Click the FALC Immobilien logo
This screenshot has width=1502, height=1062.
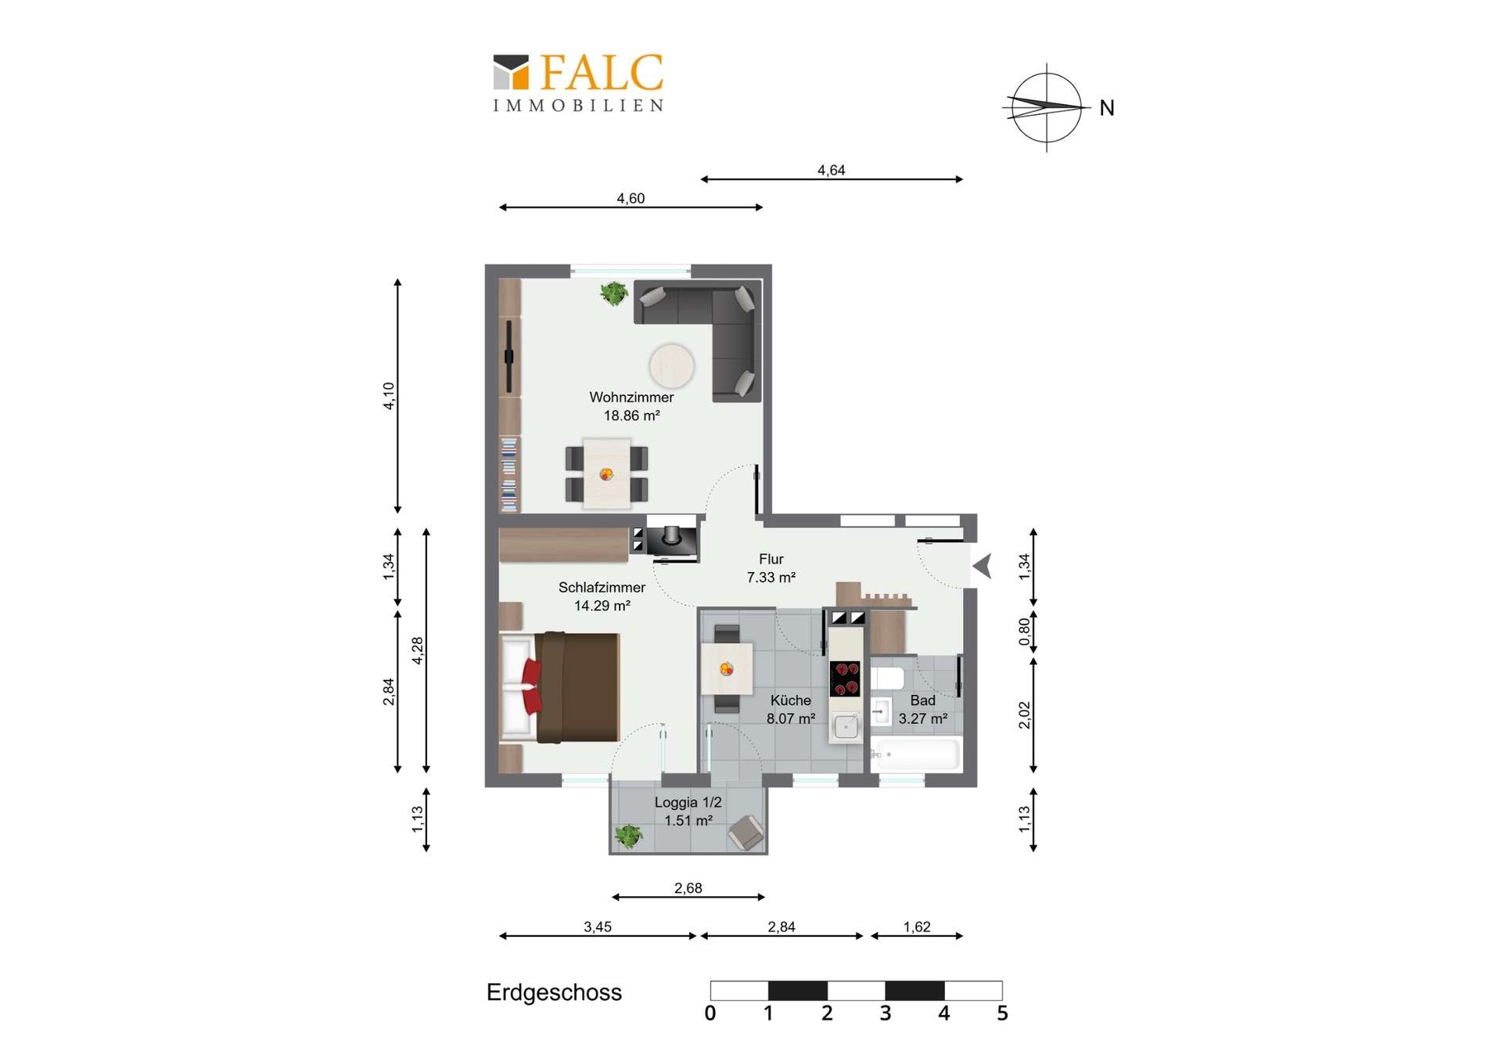click(578, 83)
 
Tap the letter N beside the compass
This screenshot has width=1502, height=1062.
click(1106, 108)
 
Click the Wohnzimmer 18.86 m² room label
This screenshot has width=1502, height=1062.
click(631, 406)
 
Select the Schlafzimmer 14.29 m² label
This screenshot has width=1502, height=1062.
click(602, 596)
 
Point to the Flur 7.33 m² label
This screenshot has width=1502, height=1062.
click(771, 568)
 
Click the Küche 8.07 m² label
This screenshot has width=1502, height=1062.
click(790, 709)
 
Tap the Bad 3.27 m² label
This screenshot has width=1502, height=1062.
click(922, 709)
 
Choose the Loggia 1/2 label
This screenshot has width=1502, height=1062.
click(688, 802)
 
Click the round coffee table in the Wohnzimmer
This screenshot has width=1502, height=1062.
click(671, 365)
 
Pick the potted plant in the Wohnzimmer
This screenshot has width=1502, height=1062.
click(613, 293)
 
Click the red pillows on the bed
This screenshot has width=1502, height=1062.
click(532, 686)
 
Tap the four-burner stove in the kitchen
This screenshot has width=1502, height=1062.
click(845, 679)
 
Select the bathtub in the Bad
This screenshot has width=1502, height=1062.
click(915, 754)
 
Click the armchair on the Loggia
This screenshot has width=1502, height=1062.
click(746, 833)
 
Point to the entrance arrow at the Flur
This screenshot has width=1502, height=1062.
click(982, 565)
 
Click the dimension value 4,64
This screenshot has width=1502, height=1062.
click(831, 170)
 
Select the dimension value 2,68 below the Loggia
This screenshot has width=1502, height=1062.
click(688, 887)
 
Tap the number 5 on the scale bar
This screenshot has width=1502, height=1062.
click(1002, 1013)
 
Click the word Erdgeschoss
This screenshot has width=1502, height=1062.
click(554, 992)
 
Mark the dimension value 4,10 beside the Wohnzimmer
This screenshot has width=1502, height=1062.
click(389, 396)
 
